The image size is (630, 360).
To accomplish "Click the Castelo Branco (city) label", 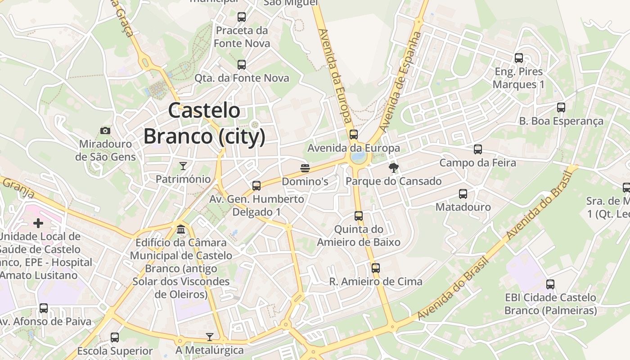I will point(204,123).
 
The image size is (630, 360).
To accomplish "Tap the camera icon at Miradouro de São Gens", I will point(105,130).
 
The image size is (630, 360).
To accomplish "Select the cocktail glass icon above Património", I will point(183,166).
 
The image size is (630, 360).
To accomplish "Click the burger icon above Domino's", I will point(305,168).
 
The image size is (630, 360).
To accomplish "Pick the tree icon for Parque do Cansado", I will point(394,168).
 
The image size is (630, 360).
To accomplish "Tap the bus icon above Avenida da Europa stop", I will point(354,134).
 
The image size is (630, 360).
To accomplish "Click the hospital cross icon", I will point(38,223).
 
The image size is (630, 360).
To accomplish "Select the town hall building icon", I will point(181,229).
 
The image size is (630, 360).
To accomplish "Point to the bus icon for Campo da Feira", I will point(478,149).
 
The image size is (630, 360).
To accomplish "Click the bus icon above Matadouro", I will point(463,194).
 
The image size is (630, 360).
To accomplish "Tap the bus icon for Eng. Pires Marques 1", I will point(519,58).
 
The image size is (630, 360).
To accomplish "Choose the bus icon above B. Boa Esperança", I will point(561,108).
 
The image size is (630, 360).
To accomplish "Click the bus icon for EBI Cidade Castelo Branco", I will point(550,284).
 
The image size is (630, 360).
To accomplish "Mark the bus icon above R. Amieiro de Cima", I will point(376,268).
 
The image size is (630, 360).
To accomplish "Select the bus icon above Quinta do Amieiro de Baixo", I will point(359,216).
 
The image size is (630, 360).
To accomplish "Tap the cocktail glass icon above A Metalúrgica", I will point(210,337).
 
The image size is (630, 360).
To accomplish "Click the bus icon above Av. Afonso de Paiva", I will point(44,308).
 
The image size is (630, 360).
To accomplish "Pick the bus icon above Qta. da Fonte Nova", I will point(242,64).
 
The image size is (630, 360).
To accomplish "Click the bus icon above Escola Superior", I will point(115,337).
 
